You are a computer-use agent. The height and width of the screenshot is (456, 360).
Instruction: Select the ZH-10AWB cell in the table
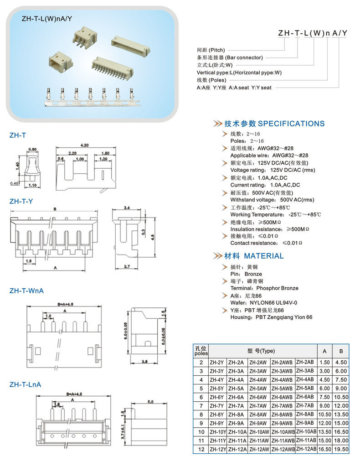283,432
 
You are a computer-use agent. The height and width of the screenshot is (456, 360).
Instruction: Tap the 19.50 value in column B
341,449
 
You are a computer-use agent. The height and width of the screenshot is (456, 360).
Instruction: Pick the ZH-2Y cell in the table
217,363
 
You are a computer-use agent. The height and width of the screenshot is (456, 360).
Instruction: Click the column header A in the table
324,351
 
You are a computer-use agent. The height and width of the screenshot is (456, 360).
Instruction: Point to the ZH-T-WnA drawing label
26,290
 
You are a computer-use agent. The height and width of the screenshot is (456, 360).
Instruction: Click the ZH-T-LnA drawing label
26,384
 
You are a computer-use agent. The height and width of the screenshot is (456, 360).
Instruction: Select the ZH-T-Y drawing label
21,201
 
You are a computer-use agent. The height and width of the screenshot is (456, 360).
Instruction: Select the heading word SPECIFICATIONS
291,124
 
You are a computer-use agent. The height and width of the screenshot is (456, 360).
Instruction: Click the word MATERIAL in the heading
264,256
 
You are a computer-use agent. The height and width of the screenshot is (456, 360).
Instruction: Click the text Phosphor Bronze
278,288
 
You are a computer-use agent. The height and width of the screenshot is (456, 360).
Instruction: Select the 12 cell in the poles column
201,449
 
